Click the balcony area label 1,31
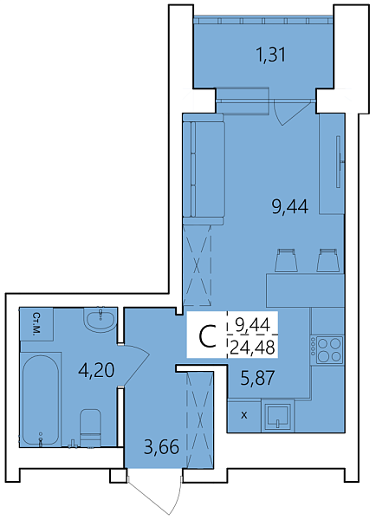point(271,55)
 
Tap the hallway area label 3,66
point(161,446)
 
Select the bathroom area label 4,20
point(96,370)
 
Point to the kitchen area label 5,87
point(257,378)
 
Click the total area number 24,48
point(253,348)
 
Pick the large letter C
point(207,336)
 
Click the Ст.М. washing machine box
point(36,324)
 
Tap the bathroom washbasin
point(100,320)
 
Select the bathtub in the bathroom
point(41,400)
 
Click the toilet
point(90,427)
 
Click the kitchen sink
point(278,415)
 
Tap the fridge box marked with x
point(244,415)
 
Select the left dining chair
point(286,261)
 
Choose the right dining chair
point(327,261)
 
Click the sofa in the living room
point(204,169)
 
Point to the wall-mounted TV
point(339,161)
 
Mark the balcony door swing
point(292,112)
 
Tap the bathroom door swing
point(134,366)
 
